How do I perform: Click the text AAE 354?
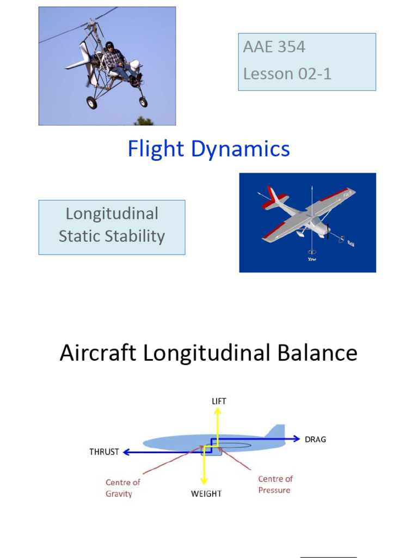(274, 47)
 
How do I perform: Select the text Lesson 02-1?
(287, 74)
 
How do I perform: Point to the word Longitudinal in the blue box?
(112, 214)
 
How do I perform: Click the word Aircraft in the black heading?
(98, 353)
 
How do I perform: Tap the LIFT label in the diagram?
(218, 401)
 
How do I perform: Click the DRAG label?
(315, 439)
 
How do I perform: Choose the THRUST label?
(104, 452)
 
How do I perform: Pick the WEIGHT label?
(206, 494)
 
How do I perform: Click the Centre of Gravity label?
(122, 488)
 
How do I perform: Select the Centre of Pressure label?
(275, 484)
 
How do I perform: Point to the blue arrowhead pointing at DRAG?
(297, 438)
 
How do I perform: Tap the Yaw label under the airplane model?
(312, 259)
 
